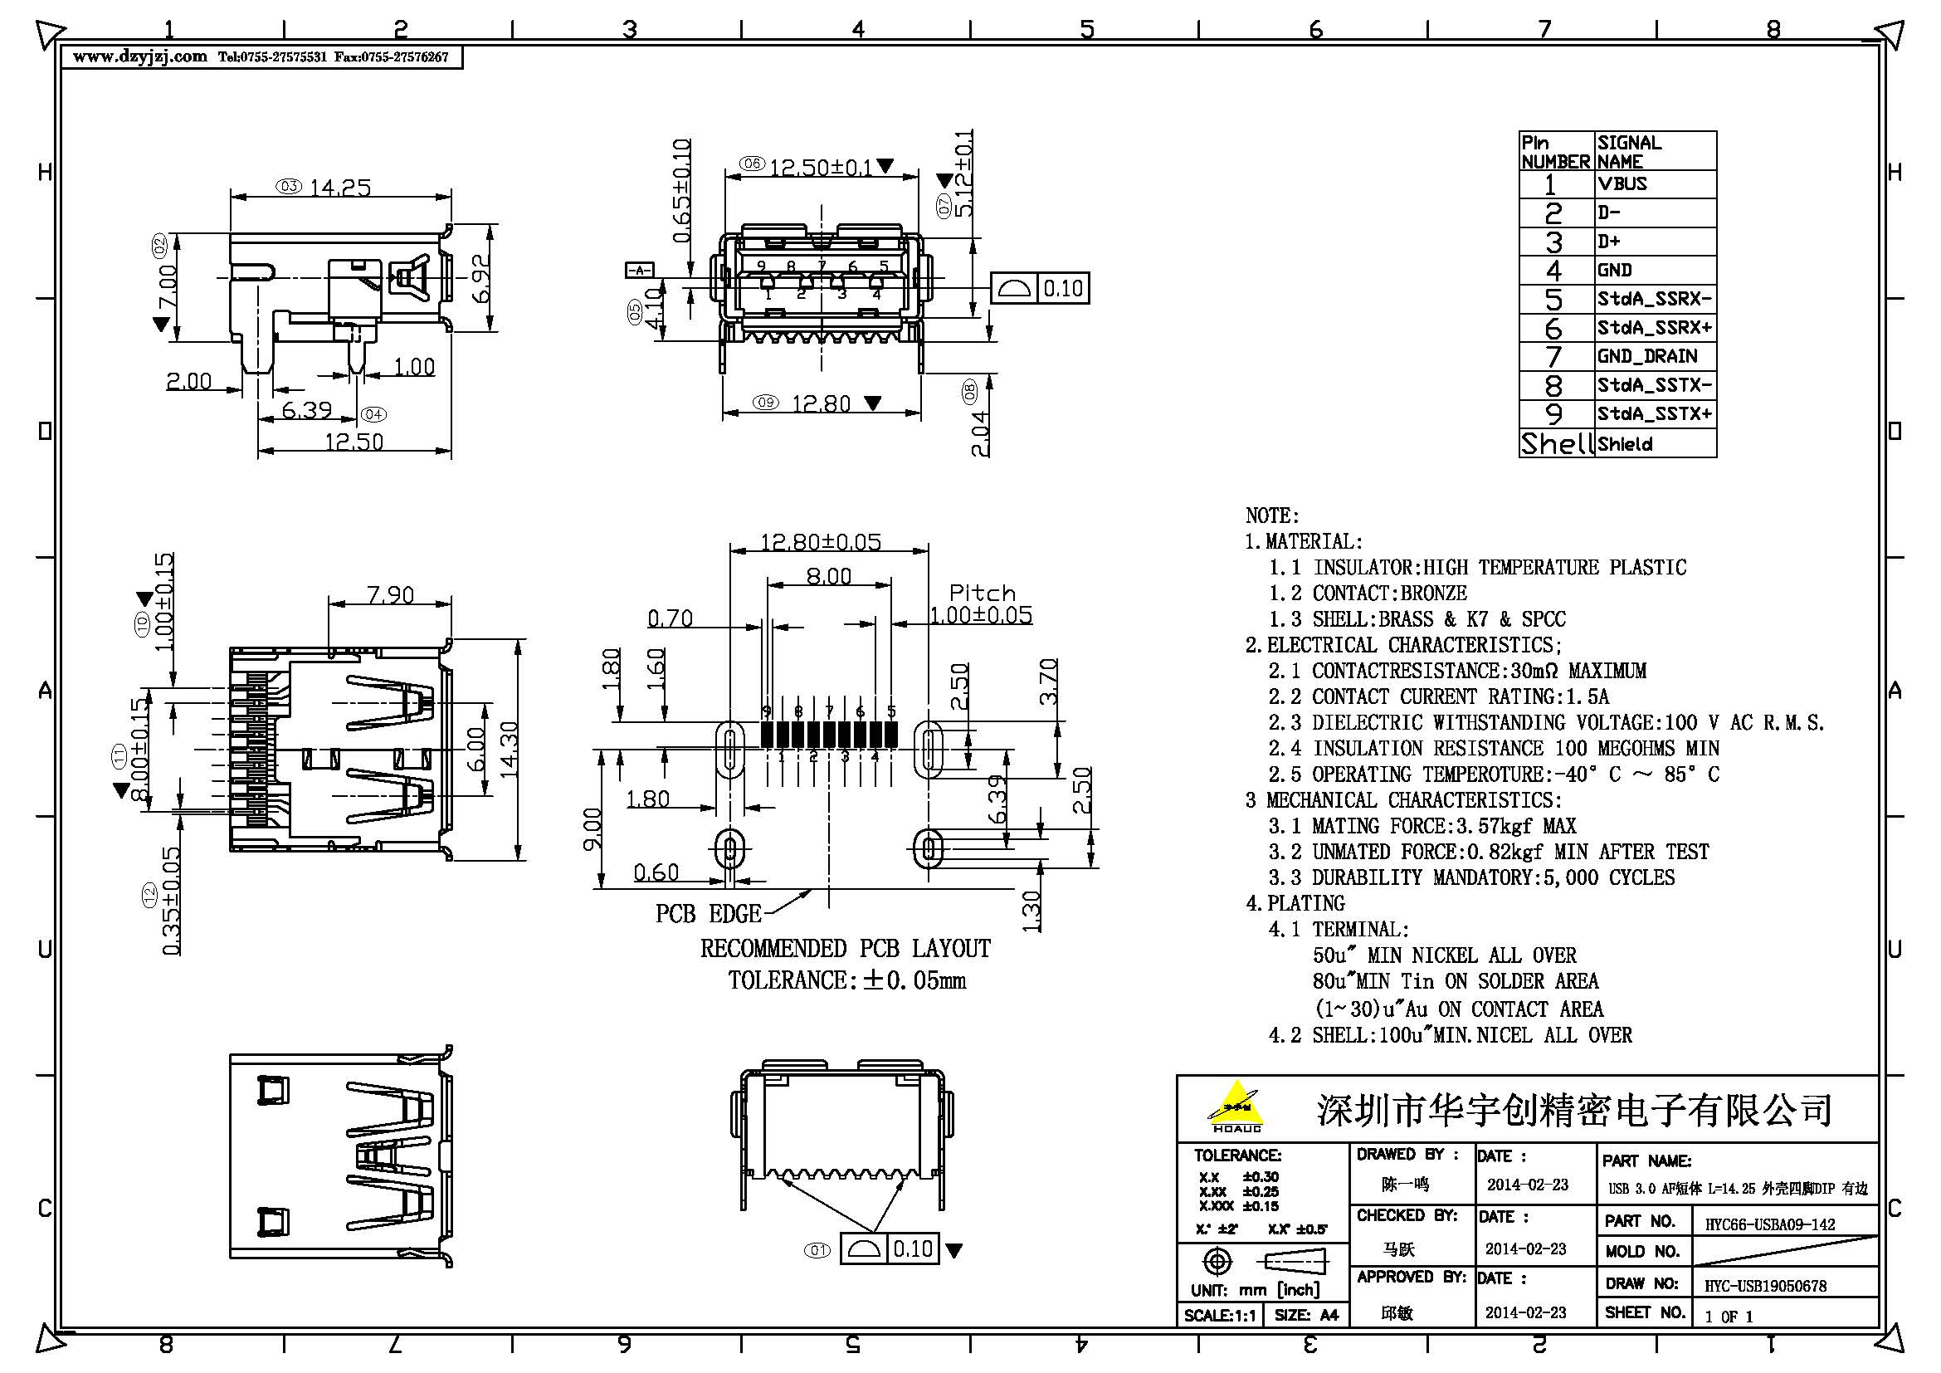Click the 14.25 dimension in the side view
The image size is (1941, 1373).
[340, 187]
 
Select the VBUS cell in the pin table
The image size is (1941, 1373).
[1622, 183]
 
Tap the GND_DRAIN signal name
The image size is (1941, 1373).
[1646, 356]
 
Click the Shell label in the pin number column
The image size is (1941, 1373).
[1556, 443]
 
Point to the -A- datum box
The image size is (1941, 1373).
[639, 270]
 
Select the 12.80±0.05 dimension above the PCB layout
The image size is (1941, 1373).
[820, 541]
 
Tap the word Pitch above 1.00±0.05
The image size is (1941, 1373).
[982, 592]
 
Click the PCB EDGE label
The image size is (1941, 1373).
[709, 914]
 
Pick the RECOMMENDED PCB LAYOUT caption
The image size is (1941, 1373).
[845, 949]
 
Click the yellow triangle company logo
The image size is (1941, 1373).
[1236, 1104]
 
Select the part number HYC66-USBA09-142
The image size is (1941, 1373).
[1769, 1224]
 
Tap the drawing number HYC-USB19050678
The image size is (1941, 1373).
[1765, 1286]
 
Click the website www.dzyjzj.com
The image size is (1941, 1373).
[140, 57]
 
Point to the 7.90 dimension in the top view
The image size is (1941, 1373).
[391, 595]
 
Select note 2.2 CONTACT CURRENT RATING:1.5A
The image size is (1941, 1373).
[1438, 696]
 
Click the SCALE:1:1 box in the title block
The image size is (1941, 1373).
[1220, 1316]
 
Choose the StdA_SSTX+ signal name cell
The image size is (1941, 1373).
[1655, 413]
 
